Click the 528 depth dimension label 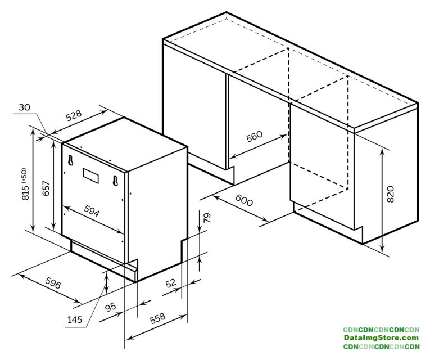(x=74, y=115)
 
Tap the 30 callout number (x=24, y=107)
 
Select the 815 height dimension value (x=25, y=191)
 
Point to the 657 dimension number (x=46, y=188)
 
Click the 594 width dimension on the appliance (x=91, y=211)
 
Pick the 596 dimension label (x=53, y=283)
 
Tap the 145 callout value (x=75, y=319)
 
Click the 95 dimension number (x=111, y=307)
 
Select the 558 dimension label (x=159, y=318)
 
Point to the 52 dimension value (x=171, y=283)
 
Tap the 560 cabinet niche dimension (x=255, y=136)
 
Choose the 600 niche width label (x=244, y=200)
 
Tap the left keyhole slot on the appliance (x=71, y=160)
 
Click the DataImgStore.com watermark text (x=381, y=338)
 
